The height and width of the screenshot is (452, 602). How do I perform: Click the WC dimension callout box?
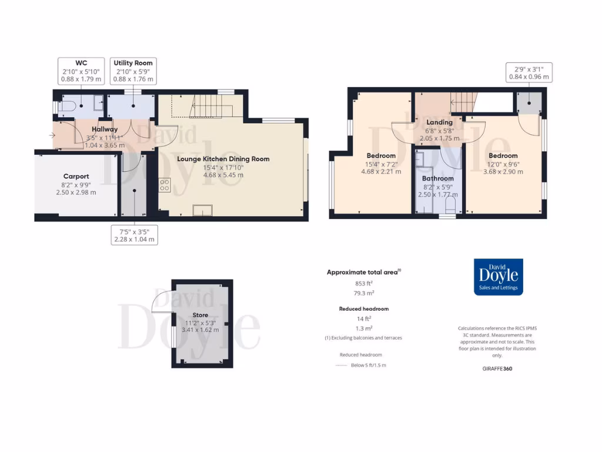point(81,71)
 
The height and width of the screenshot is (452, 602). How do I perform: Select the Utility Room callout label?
point(133,71)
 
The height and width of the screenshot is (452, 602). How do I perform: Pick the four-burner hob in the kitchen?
point(165,185)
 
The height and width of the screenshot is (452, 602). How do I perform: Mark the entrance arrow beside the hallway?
point(53,136)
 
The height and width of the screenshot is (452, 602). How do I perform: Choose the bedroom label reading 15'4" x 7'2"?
point(381,164)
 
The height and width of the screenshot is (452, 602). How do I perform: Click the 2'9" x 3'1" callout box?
point(529,72)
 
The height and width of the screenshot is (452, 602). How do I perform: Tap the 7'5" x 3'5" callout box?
point(135,235)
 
